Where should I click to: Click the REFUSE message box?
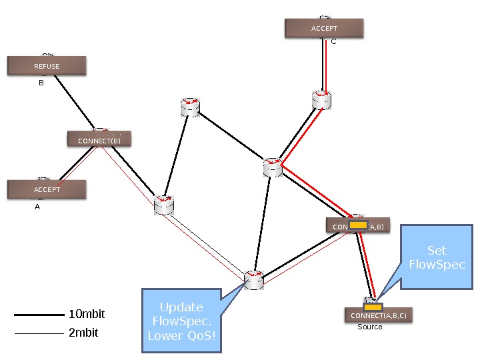pos(47,66)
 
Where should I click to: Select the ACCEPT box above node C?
pos(324,28)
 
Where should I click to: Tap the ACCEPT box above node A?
pos(47,189)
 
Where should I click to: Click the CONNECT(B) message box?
pos(99,140)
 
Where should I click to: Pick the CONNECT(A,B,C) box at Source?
pos(378,315)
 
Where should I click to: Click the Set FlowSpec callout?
pos(437,257)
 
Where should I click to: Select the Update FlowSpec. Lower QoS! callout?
pos(181,321)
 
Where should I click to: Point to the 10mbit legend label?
pos(87,314)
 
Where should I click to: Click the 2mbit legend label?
pos(83,332)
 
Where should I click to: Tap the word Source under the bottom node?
pos(370,327)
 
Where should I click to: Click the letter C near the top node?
pos(333,41)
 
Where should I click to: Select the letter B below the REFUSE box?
pos(41,83)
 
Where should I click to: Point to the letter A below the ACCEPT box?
pos(37,207)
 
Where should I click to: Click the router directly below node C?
pos(322,99)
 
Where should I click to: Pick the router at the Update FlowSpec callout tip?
pos(254,280)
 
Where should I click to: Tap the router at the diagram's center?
pos(273,167)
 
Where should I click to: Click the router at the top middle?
pos(191,107)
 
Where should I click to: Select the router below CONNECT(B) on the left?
pos(163,205)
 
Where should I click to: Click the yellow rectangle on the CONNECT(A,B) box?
pos(359,225)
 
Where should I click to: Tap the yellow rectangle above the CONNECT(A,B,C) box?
pos(373,307)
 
